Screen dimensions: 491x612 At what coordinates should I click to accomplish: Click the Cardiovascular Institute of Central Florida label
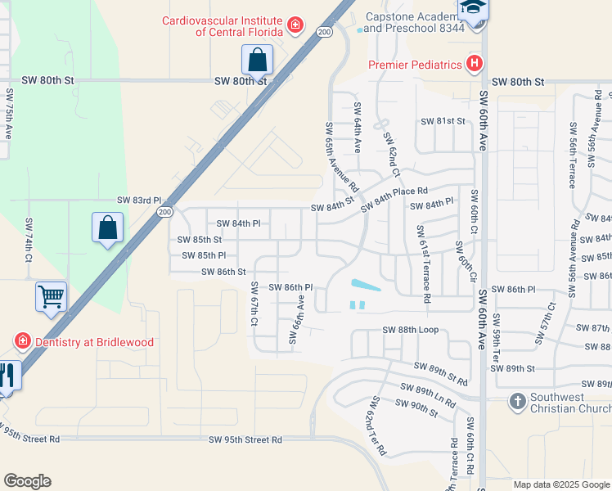222,26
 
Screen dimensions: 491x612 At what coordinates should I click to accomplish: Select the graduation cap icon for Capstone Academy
473,10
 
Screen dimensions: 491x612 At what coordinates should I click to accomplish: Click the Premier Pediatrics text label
415,64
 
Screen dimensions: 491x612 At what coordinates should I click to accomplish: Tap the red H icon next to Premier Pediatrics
473,64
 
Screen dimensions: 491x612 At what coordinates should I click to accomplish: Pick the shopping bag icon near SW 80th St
257,61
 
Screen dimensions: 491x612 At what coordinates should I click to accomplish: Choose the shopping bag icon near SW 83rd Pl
108,228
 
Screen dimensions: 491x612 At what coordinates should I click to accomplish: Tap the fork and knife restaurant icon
7,376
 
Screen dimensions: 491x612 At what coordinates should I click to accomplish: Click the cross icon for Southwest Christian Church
517,402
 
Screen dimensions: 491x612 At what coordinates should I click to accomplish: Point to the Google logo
27,481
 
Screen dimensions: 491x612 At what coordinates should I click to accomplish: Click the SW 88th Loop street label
411,330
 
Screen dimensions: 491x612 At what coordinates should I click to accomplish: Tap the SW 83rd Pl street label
139,200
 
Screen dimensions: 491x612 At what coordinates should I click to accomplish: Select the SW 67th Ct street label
254,304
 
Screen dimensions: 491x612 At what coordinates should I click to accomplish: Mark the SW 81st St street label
443,121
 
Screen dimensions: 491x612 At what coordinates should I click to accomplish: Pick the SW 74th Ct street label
29,240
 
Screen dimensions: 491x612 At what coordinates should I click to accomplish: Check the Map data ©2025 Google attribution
561,484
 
